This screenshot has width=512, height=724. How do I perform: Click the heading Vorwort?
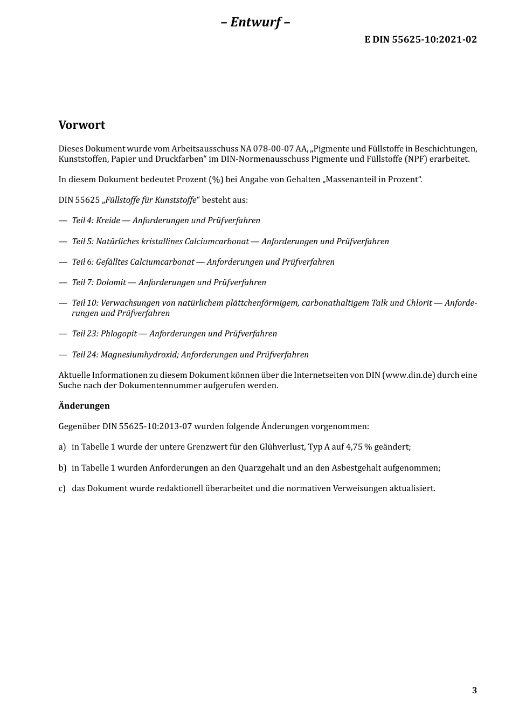82,125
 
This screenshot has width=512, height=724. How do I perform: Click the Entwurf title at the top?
255,22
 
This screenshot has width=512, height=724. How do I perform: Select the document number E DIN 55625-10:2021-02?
420,39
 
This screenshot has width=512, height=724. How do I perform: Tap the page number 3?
474,691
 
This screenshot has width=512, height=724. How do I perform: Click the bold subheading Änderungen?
84,406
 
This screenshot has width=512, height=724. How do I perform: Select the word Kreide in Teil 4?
108,220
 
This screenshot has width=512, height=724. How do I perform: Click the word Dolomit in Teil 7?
110,282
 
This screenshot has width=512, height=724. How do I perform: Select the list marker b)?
63,468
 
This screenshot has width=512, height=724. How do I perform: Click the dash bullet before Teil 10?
63,303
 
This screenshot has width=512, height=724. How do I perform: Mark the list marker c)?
63,488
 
